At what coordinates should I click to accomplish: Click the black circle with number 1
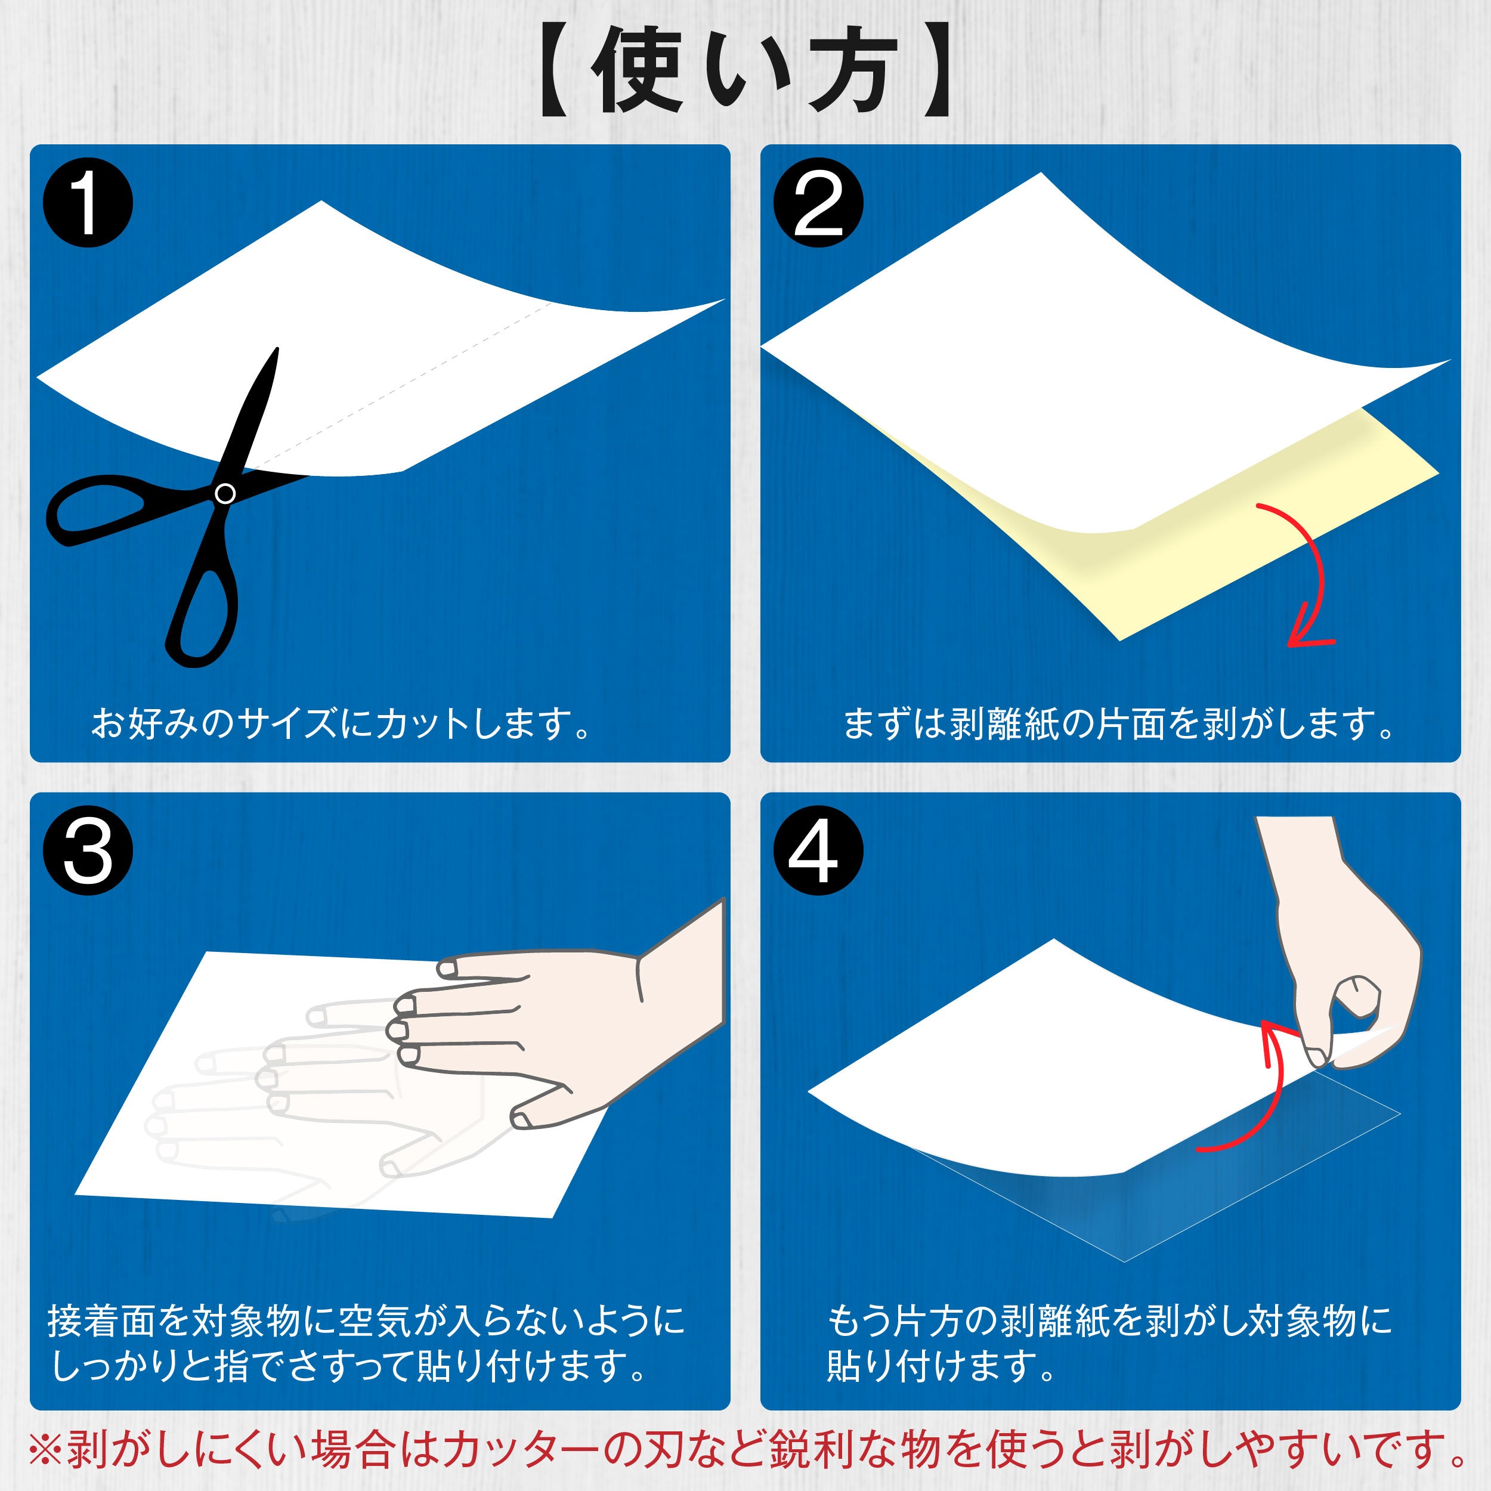pyautogui.click(x=88, y=203)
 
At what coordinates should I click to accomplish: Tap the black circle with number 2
pyautogui.click(x=818, y=203)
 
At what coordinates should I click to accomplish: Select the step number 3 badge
pyautogui.click(x=88, y=850)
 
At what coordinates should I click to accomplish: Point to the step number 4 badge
pyautogui.click(x=818, y=850)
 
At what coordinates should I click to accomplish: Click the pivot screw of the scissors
pyautogui.click(x=225, y=493)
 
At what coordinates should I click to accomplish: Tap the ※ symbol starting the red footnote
pyautogui.click(x=45, y=1449)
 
